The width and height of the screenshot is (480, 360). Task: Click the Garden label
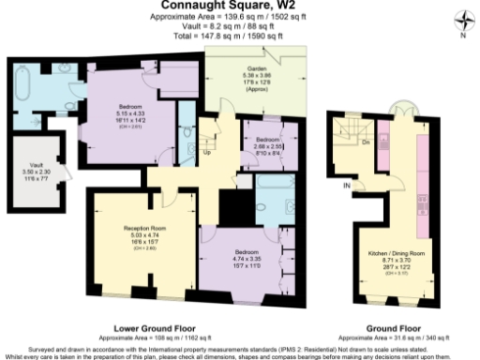(x=258, y=69)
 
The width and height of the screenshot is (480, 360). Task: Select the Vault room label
(x=30, y=166)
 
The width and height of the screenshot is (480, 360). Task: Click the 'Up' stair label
(x=206, y=150)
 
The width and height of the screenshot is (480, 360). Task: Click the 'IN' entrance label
(x=346, y=186)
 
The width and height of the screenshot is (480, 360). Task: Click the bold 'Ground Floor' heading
(x=391, y=328)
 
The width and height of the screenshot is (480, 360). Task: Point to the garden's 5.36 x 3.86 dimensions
(x=258, y=76)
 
